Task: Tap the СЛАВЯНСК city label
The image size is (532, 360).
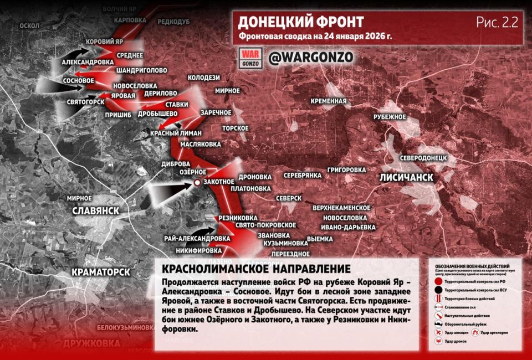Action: point(96,212)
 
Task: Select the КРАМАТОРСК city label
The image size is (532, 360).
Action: point(101,272)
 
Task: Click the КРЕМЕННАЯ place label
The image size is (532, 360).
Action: point(329,101)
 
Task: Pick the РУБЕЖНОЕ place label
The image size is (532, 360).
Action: point(390,117)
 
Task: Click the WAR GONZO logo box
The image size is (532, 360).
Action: point(249,58)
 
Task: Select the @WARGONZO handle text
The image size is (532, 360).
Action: point(310,57)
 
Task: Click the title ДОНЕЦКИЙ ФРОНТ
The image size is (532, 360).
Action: point(301,22)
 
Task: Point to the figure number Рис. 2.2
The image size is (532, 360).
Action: point(497,23)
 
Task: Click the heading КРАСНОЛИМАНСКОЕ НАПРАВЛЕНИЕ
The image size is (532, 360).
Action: point(255,269)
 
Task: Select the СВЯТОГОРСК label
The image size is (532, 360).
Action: point(86,102)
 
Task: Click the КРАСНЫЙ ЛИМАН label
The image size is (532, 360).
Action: point(176,133)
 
